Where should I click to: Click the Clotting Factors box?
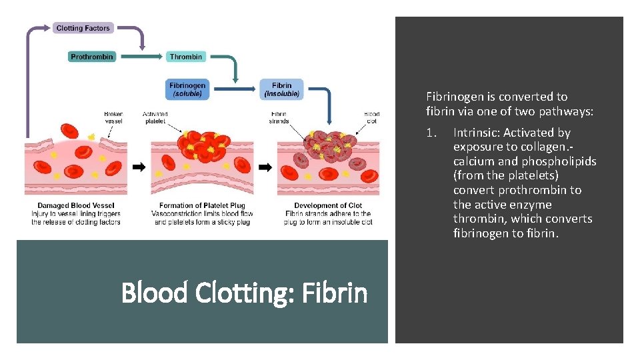(83, 28)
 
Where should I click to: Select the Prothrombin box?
(92, 57)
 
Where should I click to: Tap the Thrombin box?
(185, 57)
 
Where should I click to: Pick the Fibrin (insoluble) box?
(281, 89)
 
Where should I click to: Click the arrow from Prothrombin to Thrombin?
(140, 57)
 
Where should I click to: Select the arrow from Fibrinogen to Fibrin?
(233, 89)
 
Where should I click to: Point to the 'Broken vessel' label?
(113, 117)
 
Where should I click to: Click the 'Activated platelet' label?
(155, 117)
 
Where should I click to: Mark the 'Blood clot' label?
(371, 117)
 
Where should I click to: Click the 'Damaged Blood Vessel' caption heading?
(76, 205)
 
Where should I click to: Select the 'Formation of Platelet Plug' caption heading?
(202, 205)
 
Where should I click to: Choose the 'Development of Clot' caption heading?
(328, 205)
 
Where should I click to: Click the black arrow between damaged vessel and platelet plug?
(139, 167)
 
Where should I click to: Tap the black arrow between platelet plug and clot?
(265, 167)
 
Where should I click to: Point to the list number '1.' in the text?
(431, 133)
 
